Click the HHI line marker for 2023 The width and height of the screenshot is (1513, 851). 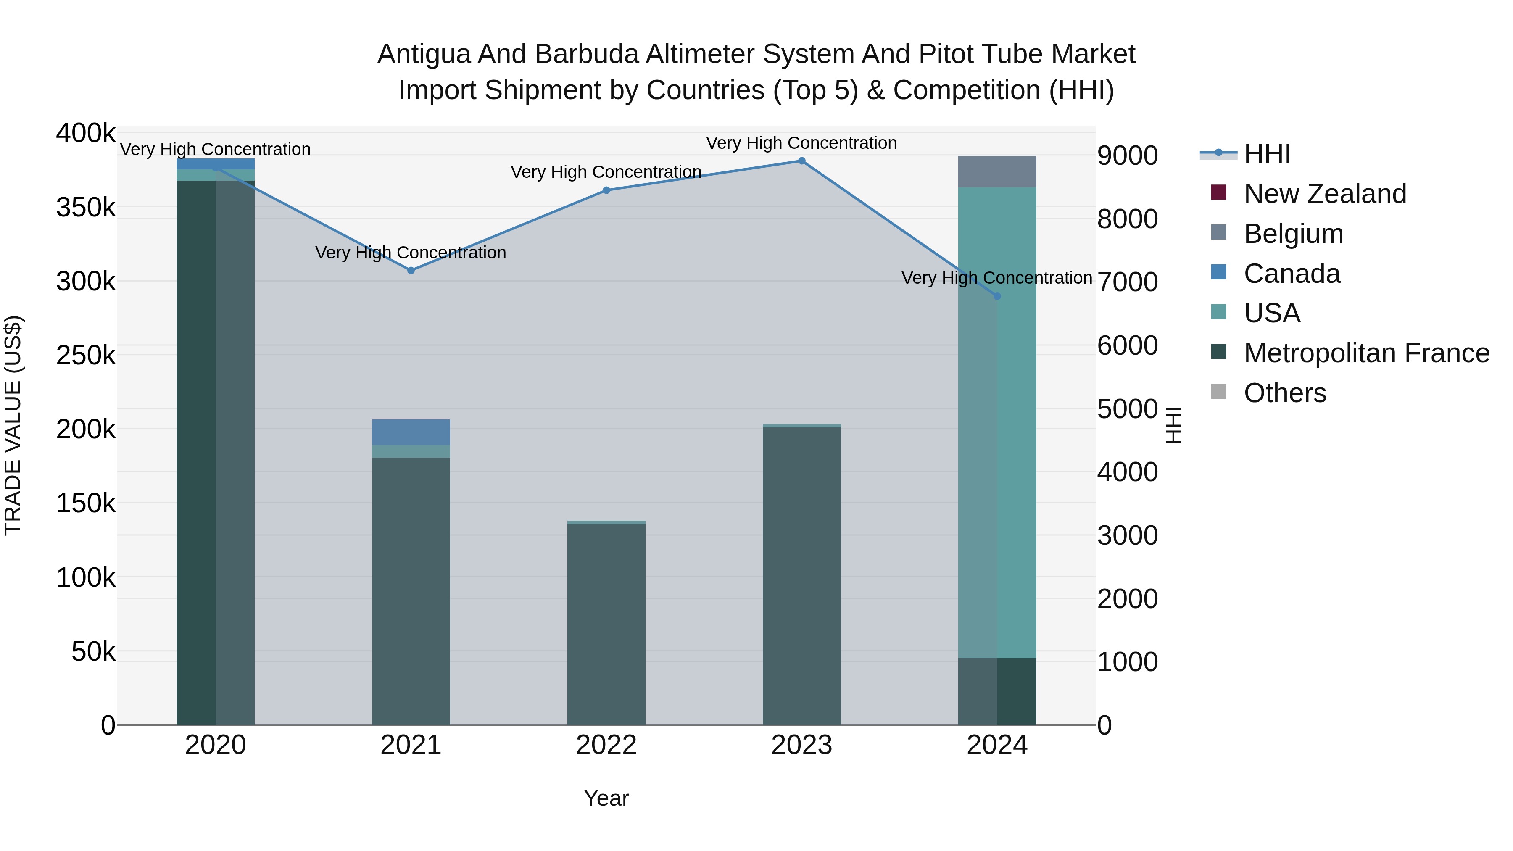802,161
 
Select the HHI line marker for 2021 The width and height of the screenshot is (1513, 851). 411,271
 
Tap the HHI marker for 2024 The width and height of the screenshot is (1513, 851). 997,297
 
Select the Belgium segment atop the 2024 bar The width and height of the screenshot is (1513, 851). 997,171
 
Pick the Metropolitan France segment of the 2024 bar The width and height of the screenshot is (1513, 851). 997,691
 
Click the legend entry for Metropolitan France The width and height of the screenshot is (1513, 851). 1366,353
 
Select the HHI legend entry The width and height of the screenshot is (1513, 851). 1267,154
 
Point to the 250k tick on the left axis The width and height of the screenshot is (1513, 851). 86,355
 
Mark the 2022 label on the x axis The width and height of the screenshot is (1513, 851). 606,745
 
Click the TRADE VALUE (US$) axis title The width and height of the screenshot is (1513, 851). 13,426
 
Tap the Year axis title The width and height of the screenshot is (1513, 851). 606,798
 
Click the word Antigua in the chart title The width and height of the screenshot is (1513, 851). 423,54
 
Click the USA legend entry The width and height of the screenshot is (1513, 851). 1272,313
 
